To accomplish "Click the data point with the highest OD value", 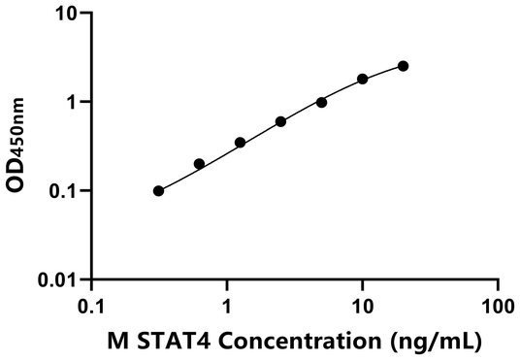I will (404, 66).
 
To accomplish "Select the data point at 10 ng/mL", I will (363, 79).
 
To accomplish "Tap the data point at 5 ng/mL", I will (321, 102).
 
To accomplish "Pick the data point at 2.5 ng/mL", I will (280, 121).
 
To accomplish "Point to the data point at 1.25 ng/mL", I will (240, 143).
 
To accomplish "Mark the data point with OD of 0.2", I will (200, 164).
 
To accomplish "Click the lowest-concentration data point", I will (158, 191).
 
